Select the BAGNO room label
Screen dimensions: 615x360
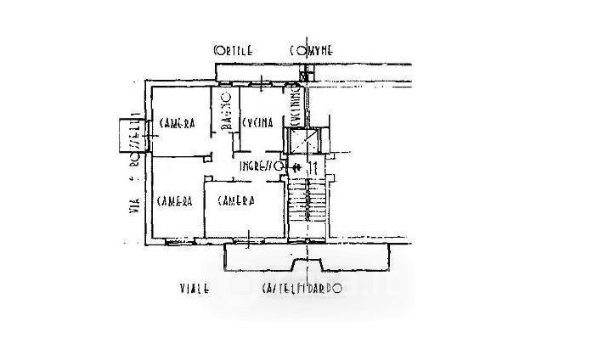[228, 121]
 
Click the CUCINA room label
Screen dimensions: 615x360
[257, 124]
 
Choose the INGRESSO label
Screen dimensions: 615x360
[259, 166]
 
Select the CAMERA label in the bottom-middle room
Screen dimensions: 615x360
[236, 201]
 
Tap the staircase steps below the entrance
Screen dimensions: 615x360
[307, 207]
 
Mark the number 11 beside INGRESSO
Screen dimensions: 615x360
[313, 166]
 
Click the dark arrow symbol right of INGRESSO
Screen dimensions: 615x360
[295, 166]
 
